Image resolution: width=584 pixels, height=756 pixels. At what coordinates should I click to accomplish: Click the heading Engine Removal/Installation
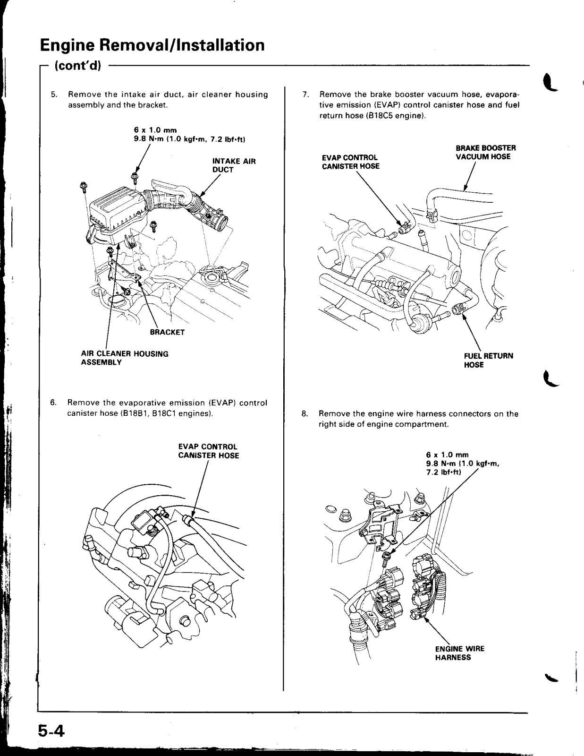pos(152,45)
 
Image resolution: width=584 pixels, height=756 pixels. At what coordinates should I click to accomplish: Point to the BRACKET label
pos(167,332)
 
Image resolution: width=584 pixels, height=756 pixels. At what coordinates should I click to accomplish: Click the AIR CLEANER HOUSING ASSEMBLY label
pos(125,358)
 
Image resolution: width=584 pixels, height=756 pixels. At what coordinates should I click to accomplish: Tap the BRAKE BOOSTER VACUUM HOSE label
pos(482,152)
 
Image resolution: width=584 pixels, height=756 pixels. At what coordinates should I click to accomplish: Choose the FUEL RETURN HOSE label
pos(488,360)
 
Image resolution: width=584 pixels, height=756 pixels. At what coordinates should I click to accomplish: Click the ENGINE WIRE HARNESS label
pos(459,653)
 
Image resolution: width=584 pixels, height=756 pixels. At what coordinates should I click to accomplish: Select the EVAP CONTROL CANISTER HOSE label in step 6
pos(208,451)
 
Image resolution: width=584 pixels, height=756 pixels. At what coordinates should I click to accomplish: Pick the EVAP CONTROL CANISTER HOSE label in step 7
pos(350,162)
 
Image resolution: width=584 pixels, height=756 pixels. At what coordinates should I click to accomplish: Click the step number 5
pos(54,94)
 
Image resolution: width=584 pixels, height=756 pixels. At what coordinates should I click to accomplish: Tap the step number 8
pos(305,414)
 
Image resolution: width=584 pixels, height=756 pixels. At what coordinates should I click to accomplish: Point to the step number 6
pos(54,403)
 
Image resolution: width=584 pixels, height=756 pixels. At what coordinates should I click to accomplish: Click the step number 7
pos(305,94)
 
